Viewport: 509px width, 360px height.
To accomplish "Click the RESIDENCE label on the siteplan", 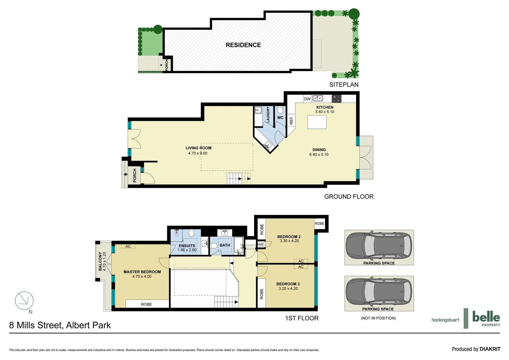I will pyautogui.click(x=243, y=45).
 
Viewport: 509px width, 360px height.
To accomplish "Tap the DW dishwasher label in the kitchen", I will pyautogui.click(x=307, y=99).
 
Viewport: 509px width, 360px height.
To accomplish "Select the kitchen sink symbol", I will pyautogui.click(x=317, y=98).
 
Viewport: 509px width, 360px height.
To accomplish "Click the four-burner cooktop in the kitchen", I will pyautogui.click(x=336, y=99).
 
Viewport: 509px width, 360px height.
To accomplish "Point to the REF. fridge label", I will pyautogui.click(x=291, y=120).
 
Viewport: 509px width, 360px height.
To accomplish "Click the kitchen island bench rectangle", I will pyautogui.click(x=317, y=122).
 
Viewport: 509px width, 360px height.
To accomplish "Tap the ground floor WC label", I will pyautogui.click(x=280, y=118).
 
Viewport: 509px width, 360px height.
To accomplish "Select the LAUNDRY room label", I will pyautogui.click(x=268, y=114).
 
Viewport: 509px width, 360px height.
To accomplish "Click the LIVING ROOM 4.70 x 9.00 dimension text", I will pyautogui.click(x=198, y=153).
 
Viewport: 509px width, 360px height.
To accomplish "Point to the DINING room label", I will pyautogui.click(x=319, y=150).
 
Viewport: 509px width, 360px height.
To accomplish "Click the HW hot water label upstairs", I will pyautogui.click(x=260, y=244).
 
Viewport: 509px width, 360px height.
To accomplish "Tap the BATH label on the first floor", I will pyautogui.click(x=225, y=245).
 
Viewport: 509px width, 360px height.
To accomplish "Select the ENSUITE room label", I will pyautogui.click(x=187, y=246).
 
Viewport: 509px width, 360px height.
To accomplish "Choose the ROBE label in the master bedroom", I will pyautogui.click(x=146, y=304).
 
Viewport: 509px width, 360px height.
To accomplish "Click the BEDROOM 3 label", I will pyautogui.click(x=288, y=284).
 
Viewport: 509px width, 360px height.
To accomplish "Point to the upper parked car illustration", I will pyautogui.click(x=379, y=246).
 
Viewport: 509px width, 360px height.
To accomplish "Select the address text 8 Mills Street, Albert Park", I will pyautogui.click(x=60, y=325).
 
